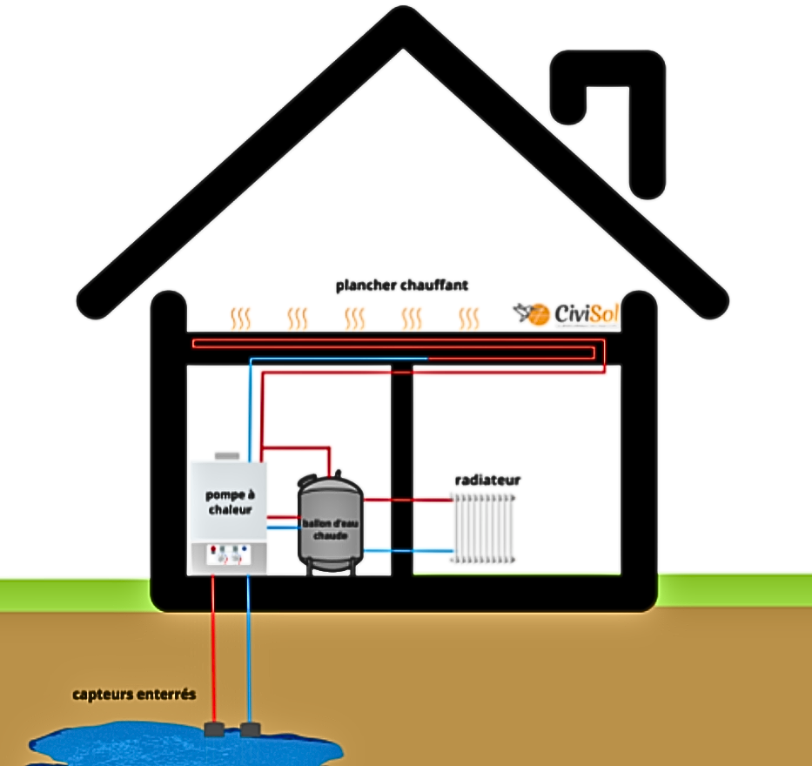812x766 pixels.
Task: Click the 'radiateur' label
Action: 487,480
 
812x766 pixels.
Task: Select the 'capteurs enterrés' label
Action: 134,695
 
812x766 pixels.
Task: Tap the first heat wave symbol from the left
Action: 239,318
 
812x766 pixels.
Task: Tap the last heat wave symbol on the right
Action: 469,318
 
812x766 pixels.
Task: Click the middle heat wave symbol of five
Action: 354,318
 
